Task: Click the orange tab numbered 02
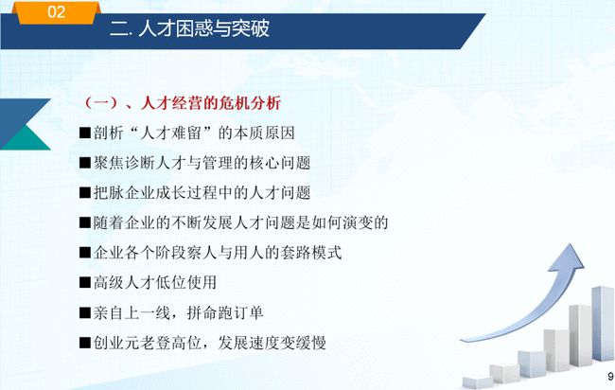(57, 12)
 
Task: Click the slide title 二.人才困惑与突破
(190, 28)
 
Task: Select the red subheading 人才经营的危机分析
(211, 103)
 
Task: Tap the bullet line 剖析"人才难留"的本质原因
(186, 133)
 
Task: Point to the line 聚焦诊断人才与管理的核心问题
(195, 163)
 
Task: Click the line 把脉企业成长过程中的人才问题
(195, 193)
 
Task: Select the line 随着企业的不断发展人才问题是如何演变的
(234, 222)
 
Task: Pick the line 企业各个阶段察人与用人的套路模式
(211, 253)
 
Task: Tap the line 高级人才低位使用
(148, 282)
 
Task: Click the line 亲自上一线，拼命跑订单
(171, 312)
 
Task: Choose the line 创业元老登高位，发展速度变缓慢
(202, 343)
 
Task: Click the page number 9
(610, 376)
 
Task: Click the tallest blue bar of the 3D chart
(603, 324)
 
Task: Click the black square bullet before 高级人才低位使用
(85, 282)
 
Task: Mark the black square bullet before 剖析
(85, 133)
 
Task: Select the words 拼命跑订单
(225, 312)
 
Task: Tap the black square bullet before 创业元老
(85, 343)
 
